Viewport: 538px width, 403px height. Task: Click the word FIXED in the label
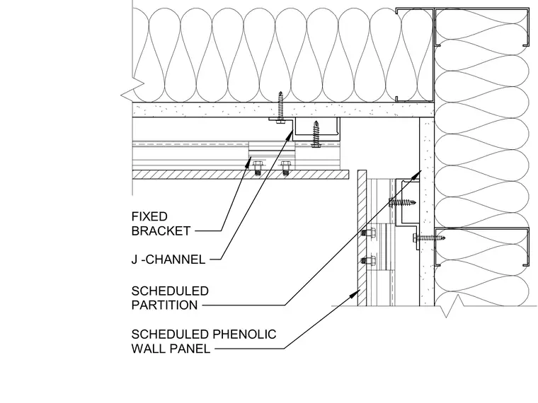[149, 216]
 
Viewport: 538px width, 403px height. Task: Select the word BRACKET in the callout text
[161, 231]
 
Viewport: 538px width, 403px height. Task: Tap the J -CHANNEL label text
[168, 259]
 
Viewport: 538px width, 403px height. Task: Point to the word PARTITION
[165, 305]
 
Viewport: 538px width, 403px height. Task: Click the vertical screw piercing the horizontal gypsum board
[280, 107]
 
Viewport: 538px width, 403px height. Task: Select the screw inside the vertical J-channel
[402, 202]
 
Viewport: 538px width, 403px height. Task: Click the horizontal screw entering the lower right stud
[429, 238]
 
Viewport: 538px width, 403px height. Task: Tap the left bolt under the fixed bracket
[257, 168]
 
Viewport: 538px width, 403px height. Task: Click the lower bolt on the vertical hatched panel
[367, 261]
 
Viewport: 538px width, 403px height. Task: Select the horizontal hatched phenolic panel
[241, 175]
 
